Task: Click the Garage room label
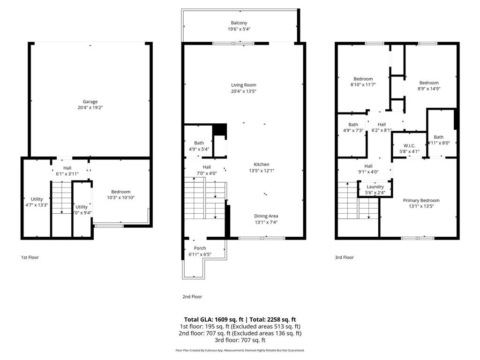[x=90, y=102]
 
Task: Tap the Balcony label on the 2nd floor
[x=239, y=23]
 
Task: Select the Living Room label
[x=243, y=85]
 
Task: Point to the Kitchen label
[x=261, y=165]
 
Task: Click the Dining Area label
[x=266, y=216]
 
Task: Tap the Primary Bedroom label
[x=421, y=201]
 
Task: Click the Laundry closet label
[x=375, y=187]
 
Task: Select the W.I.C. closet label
[x=410, y=145]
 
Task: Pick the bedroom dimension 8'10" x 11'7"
[x=363, y=85]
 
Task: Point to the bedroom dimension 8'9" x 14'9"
[x=428, y=89]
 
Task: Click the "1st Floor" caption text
[x=30, y=257]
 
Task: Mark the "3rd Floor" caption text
[x=344, y=257]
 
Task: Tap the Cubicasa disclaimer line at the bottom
[x=240, y=350]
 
